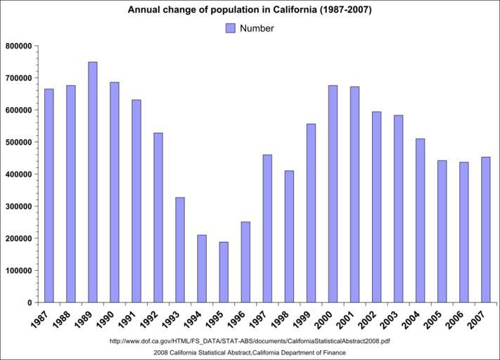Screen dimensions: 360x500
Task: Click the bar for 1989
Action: coord(92,182)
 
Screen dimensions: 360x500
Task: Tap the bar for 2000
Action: coord(333,194)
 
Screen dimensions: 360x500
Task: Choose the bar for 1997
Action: coord(267,229)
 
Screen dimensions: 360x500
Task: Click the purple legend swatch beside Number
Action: coord(230,28)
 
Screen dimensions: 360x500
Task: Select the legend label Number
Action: coord(257,28)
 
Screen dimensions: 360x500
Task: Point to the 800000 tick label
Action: coord(19,46)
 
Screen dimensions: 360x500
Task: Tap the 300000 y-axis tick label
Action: coord(19,207)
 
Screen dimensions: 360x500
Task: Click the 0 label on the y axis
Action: coord(30,303)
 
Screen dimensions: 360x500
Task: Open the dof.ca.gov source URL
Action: coord(250,342)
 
